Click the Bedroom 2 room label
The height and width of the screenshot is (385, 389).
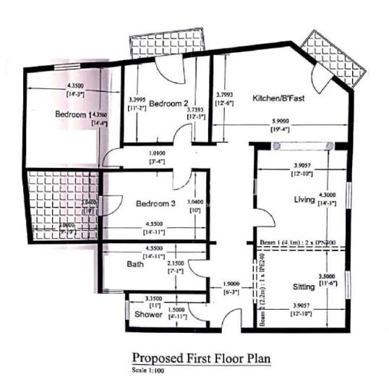[168, 103]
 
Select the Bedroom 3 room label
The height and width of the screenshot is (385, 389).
[155, 204]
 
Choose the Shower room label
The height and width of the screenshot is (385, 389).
[148, 314]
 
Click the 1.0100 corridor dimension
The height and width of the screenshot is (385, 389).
[157, 153]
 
